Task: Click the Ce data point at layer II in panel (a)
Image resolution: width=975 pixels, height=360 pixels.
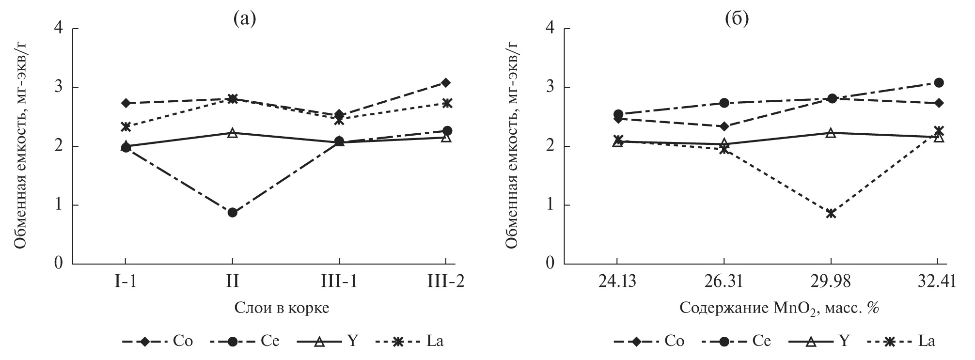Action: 232,212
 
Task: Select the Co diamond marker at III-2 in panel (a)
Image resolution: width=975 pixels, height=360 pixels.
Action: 446,82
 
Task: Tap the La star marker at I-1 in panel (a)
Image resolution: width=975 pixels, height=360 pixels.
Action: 126,127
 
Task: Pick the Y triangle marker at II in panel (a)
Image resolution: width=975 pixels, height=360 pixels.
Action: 232,133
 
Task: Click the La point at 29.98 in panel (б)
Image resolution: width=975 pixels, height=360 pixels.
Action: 831,213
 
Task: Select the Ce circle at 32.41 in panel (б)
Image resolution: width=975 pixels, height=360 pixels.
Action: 939,82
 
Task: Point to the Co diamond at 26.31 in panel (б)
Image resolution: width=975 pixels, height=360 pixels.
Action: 724,126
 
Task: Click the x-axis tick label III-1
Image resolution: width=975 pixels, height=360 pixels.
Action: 339,282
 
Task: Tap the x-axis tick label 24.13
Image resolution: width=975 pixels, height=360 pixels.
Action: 616,282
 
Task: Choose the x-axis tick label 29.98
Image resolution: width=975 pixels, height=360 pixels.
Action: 831,282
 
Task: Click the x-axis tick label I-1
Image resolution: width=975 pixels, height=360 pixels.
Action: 126,282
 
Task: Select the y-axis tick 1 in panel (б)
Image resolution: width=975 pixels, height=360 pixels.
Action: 551,205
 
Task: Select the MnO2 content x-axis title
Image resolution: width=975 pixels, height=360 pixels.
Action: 779,308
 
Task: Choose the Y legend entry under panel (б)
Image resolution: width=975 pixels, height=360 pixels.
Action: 819,341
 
